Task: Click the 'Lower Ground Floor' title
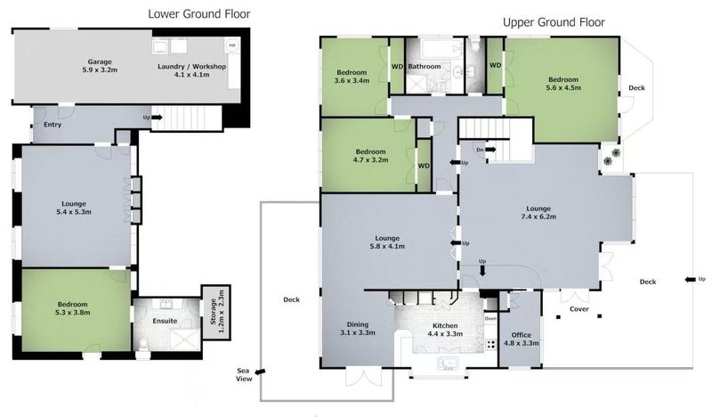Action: click(x=198, y=14)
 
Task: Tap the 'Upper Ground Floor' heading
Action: click(x=554, y=22)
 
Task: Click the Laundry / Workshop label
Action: click(x=191, y=72)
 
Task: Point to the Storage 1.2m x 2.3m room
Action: click(x=213, y=307)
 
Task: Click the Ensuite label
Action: click(x=165, y=321)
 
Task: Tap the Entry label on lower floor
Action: click(x=53, y=125)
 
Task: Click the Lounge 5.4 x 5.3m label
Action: click(x=73, y=208)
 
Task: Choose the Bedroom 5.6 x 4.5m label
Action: click(x=563, y=83)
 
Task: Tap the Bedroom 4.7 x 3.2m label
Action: click(x=369, y=157)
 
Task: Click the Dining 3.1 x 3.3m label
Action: click(x=356, y=329)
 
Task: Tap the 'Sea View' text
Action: click(x=243, y=374)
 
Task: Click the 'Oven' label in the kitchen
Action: click(x=489, y=318)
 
